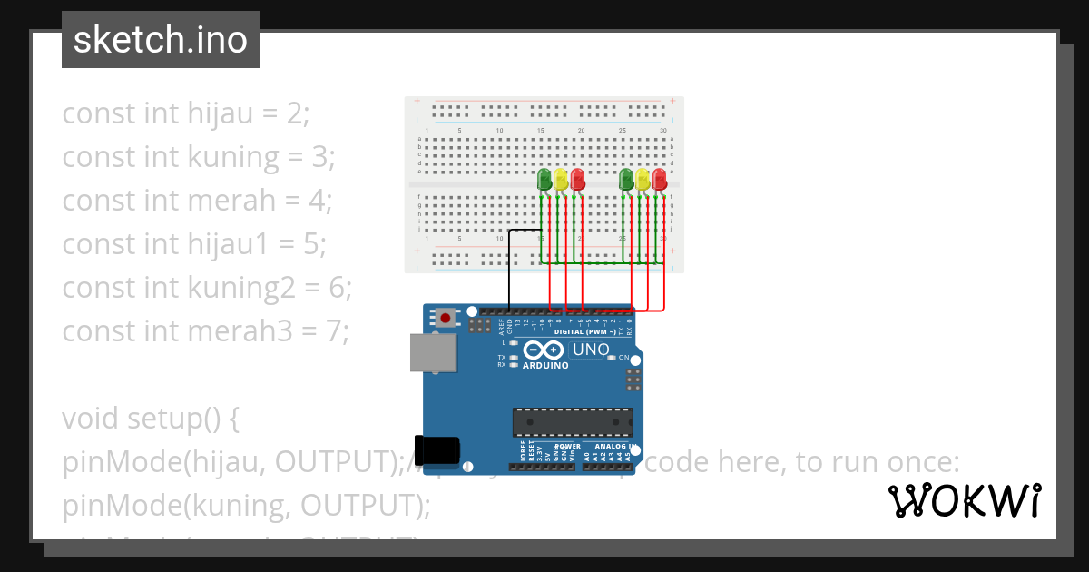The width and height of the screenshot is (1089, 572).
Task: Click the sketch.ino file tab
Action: pyautogui.click(x=161, y=40)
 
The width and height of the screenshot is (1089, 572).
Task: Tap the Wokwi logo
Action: pyautogui.click(x=964, y=500)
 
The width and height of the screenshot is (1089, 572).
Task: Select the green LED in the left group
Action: pyautogui.click(x=544, y=179)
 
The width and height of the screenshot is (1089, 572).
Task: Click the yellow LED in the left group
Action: pyautogui.click(x=561, y=179)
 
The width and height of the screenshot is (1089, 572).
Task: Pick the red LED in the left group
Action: pyautogui.click(x=577, y=179)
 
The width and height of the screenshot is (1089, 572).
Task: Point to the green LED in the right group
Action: pyautogui.click(x=626, y=179)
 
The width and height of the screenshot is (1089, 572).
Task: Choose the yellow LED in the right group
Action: pyautogui.click(x=643, y=179)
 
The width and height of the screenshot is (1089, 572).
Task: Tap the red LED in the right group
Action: pyautogui.click(x=659, y=179)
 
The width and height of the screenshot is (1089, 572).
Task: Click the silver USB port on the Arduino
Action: pyautogui.click(x=433, y=352)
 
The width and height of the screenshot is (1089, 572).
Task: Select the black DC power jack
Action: pyautogui.click(x=437, y=449)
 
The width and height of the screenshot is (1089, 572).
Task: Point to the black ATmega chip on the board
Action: pyautogui.click(x=572, y=422)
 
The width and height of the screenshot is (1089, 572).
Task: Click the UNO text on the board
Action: pyautogui.click(x=590, y=350)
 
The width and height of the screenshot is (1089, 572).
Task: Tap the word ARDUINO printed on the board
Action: pyautogui.click(x=544, y=366)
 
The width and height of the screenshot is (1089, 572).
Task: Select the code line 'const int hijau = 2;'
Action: pyautogui.click(x=186, y=113)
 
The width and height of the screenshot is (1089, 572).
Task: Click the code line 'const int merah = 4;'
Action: pyautogui.click(x=197, y=201)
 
